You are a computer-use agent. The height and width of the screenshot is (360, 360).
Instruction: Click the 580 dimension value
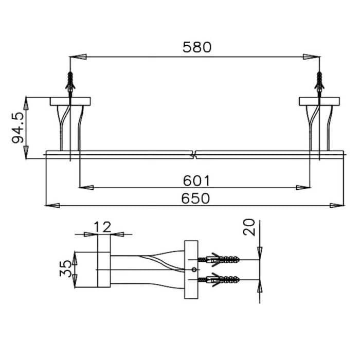[197, 47]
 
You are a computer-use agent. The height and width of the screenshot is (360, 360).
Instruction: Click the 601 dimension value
[197, 181]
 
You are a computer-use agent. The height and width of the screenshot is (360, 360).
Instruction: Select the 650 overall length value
[197, 198]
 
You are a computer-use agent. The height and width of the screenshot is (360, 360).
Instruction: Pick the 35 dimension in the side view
[66, 269]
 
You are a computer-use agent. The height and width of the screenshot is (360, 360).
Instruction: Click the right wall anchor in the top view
[319, 82]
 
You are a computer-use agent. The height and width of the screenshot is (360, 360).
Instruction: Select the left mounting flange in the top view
[70, 101]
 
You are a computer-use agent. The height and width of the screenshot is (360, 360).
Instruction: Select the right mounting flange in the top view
[319, 101]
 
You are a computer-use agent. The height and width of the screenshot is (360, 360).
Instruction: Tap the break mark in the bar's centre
[194, 154]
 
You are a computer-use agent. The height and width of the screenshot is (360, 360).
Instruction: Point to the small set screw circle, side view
[193, 269]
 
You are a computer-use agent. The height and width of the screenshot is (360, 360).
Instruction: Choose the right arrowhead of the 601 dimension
[304, 188]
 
